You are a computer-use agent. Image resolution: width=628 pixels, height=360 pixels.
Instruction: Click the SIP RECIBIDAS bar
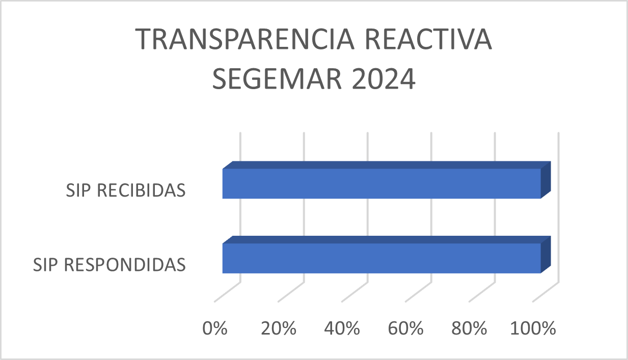click(381, 183)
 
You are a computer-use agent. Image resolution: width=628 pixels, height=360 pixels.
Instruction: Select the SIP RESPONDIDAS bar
click(381, 258)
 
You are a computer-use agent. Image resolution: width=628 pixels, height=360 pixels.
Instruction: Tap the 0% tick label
click(214, 328)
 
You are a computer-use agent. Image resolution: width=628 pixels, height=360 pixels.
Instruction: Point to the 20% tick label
click(279, 328)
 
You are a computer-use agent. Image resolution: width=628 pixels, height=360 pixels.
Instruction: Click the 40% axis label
click(342, 328)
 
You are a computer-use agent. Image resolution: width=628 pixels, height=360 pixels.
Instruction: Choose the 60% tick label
click(406, 328)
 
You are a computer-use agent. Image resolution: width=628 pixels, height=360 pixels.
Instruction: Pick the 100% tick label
click(533, 328)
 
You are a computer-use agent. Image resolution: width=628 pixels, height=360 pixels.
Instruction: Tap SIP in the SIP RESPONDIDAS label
click(46, 265)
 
